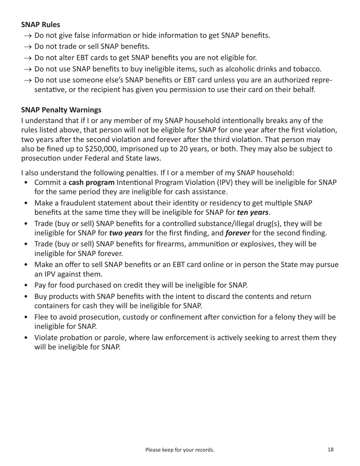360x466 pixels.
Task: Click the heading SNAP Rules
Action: tap(40, 25)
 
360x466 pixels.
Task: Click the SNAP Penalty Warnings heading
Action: tap(61, 110)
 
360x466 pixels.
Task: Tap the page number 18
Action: tap(330, 450)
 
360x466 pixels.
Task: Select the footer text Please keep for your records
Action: tap(180, 450)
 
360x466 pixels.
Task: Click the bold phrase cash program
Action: tap(91, 183)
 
